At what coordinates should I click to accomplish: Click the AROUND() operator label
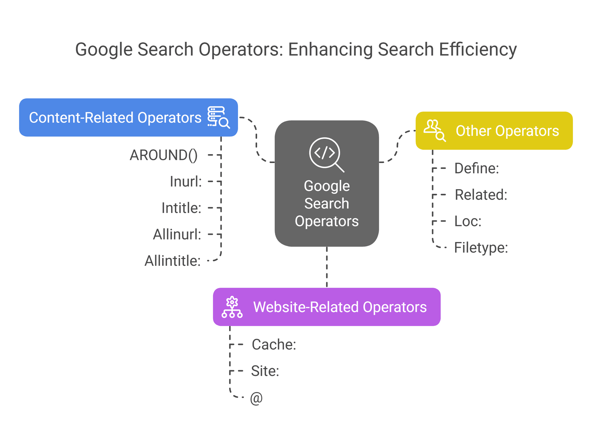coord(163,155)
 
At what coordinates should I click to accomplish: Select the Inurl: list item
coord(186,182)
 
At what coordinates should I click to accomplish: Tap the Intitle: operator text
coord(181,208)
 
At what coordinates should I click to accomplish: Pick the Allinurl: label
coord(177,235)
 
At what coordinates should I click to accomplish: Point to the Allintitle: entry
coord(173,261)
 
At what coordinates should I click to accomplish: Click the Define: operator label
coord(476,168)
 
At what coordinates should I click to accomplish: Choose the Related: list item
coord(481,195)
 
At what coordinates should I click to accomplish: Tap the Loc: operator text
coord(468,221)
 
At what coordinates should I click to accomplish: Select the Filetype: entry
coord(481,248)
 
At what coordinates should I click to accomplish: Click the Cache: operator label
coord(274,345)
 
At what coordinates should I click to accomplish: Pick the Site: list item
coord(265,371)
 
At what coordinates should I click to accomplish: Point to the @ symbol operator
coord(256,398)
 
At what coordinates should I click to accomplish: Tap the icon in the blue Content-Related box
coord(218,117)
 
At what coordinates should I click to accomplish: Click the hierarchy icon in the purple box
coord(232,307)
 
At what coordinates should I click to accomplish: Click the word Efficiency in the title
coord(478,50)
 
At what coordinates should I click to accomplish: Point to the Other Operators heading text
coord(507,131)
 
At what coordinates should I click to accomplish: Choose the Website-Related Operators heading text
coord(340,307)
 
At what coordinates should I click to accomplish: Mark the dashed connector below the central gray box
coord(327,267)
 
